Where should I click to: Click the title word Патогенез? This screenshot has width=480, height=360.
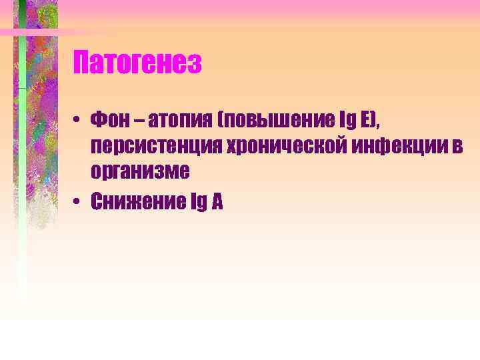137,64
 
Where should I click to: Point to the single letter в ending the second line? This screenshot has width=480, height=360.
457,147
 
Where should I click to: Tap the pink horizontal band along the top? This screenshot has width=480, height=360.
267,8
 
